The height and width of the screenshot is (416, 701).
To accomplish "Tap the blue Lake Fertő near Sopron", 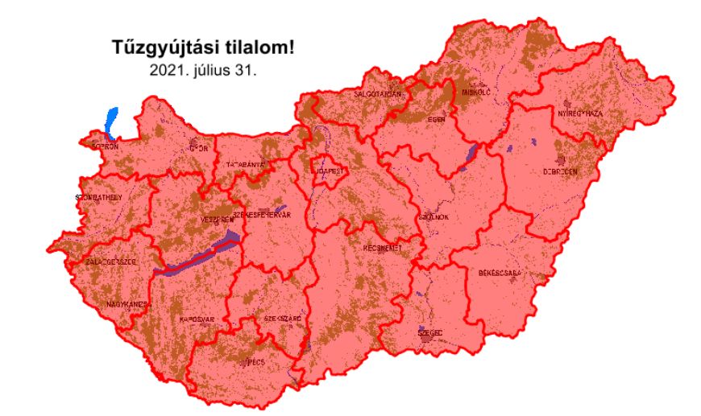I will click(110, 122).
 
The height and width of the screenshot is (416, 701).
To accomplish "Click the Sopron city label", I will click(105, 146).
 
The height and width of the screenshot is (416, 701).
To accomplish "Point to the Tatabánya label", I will click(246, 164).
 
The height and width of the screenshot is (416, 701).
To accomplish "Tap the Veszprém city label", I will click(215, 219).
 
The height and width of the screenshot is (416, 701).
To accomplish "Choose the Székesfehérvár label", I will click(260, 216).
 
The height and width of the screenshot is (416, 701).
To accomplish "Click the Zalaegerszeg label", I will click(113, 262).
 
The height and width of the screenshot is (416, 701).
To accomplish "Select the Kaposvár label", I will click(195, 319).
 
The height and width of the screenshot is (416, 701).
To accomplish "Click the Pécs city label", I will click(255, 362).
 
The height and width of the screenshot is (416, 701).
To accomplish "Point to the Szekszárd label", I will click(283, 319).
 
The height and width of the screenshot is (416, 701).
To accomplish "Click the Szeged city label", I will click(430, 332).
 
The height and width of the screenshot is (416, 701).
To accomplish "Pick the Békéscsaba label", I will click(500, 273).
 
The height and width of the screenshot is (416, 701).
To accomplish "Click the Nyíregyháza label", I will click(581, 113).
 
